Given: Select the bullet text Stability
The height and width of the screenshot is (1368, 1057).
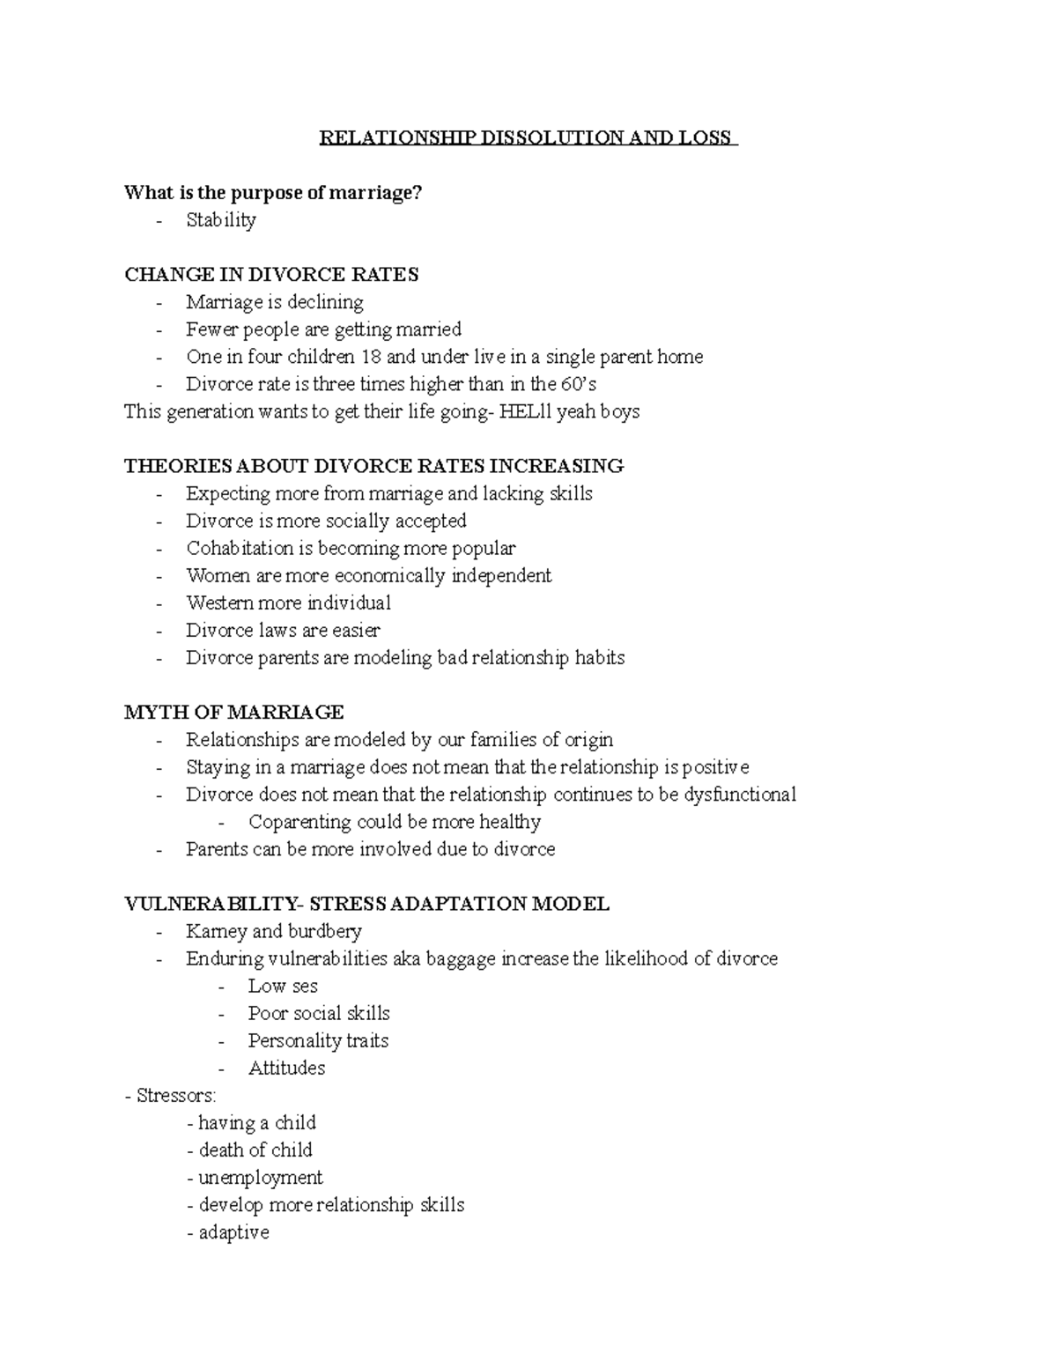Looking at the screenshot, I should click(x=220, y=220).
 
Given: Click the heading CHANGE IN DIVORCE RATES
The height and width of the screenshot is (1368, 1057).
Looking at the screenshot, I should click(x=271, y=275).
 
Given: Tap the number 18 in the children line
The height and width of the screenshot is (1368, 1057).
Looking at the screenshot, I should click(x=369, y=357).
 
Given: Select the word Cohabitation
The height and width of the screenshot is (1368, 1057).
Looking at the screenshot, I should click(x=240, y=548).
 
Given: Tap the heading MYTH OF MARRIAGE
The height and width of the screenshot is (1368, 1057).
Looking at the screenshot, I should click(x=233, y=712).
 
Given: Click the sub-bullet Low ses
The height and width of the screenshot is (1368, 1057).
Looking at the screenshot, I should click(x=282, y=986).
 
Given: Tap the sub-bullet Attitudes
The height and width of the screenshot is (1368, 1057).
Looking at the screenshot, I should click(x=286, y=1068).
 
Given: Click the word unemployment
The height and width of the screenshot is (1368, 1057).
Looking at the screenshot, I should click(x=261, y=1178).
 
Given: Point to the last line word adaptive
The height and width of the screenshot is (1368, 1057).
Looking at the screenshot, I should click(x=233, y=1232).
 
